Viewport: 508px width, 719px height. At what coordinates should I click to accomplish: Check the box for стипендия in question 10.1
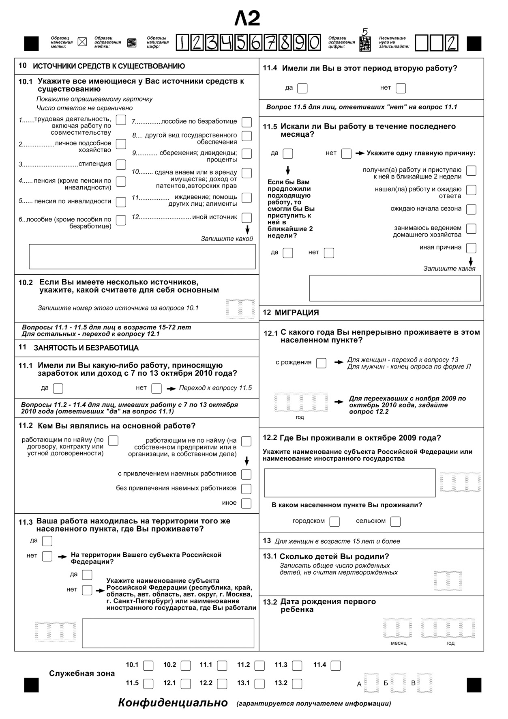coord(121,164)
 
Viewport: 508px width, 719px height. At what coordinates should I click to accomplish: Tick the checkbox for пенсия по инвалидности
coord(121,202)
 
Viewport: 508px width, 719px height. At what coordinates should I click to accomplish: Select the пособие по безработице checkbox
coord(246,122)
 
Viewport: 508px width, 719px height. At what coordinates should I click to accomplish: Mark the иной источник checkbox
coord(246,217)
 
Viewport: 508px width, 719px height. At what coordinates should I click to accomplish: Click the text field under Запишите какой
coord(142,256)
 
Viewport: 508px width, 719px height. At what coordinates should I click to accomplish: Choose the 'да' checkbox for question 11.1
coord(58,388)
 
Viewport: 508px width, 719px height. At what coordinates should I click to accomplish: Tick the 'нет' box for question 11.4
coord(401,88)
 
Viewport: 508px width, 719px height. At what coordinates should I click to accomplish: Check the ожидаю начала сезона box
coord(471,209)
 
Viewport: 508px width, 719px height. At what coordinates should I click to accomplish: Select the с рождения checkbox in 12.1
coord(321,363)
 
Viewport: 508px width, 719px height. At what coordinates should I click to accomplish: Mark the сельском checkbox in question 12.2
coord(395,521)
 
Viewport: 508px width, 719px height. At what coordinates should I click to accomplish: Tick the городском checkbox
coord(334,521)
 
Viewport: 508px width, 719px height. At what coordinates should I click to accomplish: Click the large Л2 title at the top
coord(247,18)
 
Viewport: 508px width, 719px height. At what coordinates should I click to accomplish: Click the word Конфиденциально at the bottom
coord(173,703)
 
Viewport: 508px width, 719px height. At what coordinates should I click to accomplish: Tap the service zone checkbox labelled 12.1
coord(186,684)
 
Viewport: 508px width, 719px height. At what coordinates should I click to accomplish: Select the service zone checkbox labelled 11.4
coord(336,665)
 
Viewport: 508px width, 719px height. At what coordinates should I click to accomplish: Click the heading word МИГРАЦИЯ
coord(297,313)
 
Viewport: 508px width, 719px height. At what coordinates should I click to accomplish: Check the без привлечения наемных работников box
coord(246,489)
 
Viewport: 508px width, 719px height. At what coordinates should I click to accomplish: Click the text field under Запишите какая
coord(395,288)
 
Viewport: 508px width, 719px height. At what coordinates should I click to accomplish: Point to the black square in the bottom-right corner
coord(474,685)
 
